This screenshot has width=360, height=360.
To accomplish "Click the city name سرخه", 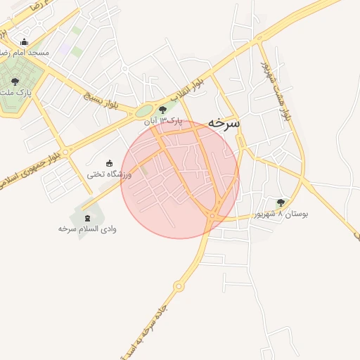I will coord(224,122).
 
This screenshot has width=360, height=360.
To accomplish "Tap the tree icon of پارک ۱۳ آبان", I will coord(164,109).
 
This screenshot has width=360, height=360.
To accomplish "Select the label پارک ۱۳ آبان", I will coord(163,121).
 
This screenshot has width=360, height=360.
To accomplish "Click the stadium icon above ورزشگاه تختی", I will coord(108,163).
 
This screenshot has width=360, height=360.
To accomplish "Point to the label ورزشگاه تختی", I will coord(109,174).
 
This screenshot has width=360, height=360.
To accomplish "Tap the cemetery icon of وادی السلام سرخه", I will coord(87,218).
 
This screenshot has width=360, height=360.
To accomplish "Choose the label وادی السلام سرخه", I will coord(87,229).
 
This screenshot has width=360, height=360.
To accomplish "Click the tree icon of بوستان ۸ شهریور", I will coord(281,202).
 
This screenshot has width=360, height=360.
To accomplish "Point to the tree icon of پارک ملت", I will coord(15,82).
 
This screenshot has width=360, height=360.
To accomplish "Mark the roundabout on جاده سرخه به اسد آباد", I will coord(179,286).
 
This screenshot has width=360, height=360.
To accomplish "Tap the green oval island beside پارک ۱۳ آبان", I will coord(144,110).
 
